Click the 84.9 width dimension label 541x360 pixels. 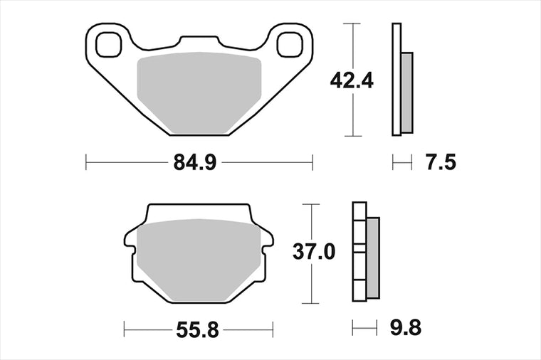pos(195,162)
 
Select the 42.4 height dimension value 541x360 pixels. pos(352,81)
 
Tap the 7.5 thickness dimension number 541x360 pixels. pos(441,162)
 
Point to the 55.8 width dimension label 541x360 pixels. pos(197,330)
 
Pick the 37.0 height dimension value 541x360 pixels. pos(314,252)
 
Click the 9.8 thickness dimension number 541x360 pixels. pos(406,327)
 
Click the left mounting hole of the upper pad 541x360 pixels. pos(109,45)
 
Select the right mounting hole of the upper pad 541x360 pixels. pos(290,45)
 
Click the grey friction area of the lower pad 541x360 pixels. pos(199,259)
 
